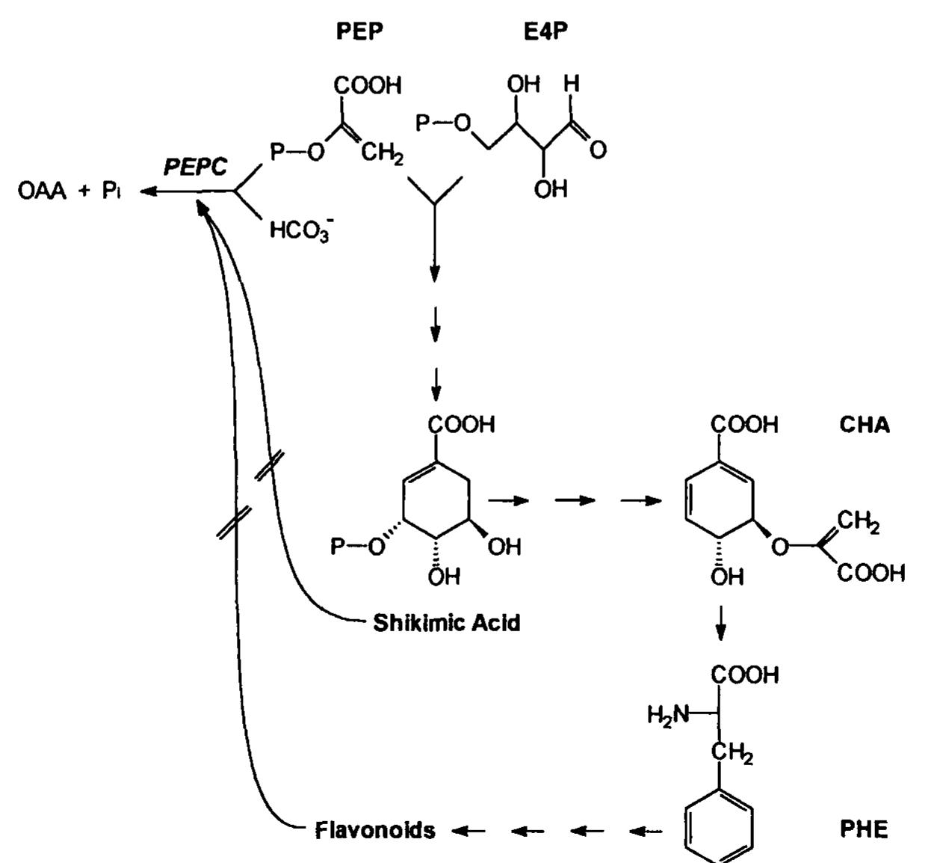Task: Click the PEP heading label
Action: click(x=360, y=34)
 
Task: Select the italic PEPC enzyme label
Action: click(x=195, y=167)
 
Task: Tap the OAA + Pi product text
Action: click(x=69, y=191)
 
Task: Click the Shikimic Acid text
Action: click(x=446, y=622)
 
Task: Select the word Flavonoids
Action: click(x=374, y=830)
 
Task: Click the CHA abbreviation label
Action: click(x=865, y=425)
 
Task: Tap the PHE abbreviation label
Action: click(x=864, y=829)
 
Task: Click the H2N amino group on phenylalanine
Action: click(x=668, y=716)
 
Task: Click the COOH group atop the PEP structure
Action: click(x=367, y=85)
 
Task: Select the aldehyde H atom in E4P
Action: click(x=572, y=84)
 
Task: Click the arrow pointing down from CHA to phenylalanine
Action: click(x=720, y=622)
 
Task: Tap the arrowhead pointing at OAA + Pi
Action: click(x=146, y=192)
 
